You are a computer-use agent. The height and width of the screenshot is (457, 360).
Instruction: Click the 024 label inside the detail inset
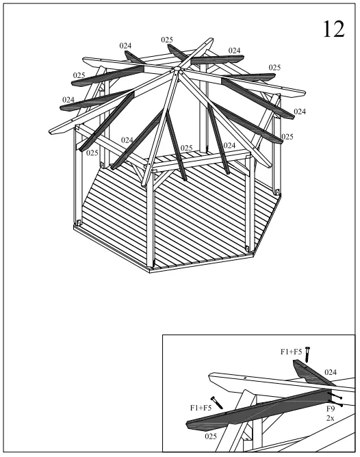(331, 372)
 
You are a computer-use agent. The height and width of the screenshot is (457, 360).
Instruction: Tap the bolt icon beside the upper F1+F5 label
(308, 354)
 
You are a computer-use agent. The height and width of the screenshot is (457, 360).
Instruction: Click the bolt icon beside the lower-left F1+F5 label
(218, 403)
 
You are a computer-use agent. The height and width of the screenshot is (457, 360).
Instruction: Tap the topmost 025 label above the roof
(167, 40)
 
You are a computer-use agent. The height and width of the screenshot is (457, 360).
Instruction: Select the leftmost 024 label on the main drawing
(68, 100)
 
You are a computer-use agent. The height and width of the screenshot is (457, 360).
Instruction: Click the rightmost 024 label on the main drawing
(300, 111)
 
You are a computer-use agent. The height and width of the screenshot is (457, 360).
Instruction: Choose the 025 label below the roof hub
(186, 148)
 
